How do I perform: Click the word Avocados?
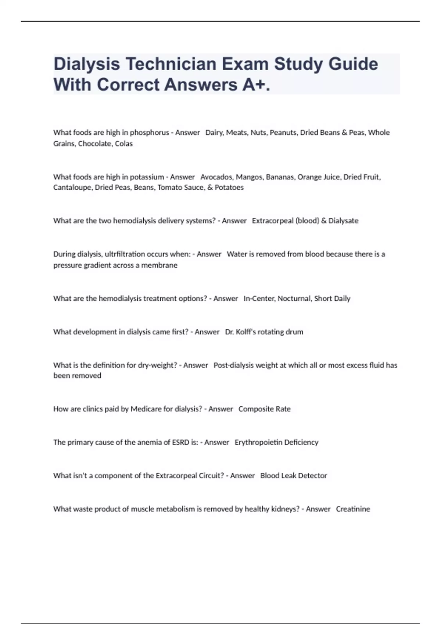coord(216,177)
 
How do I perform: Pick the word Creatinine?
coord(353,509)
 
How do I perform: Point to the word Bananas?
coord(280,177)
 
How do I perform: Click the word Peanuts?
coord(283,133)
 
